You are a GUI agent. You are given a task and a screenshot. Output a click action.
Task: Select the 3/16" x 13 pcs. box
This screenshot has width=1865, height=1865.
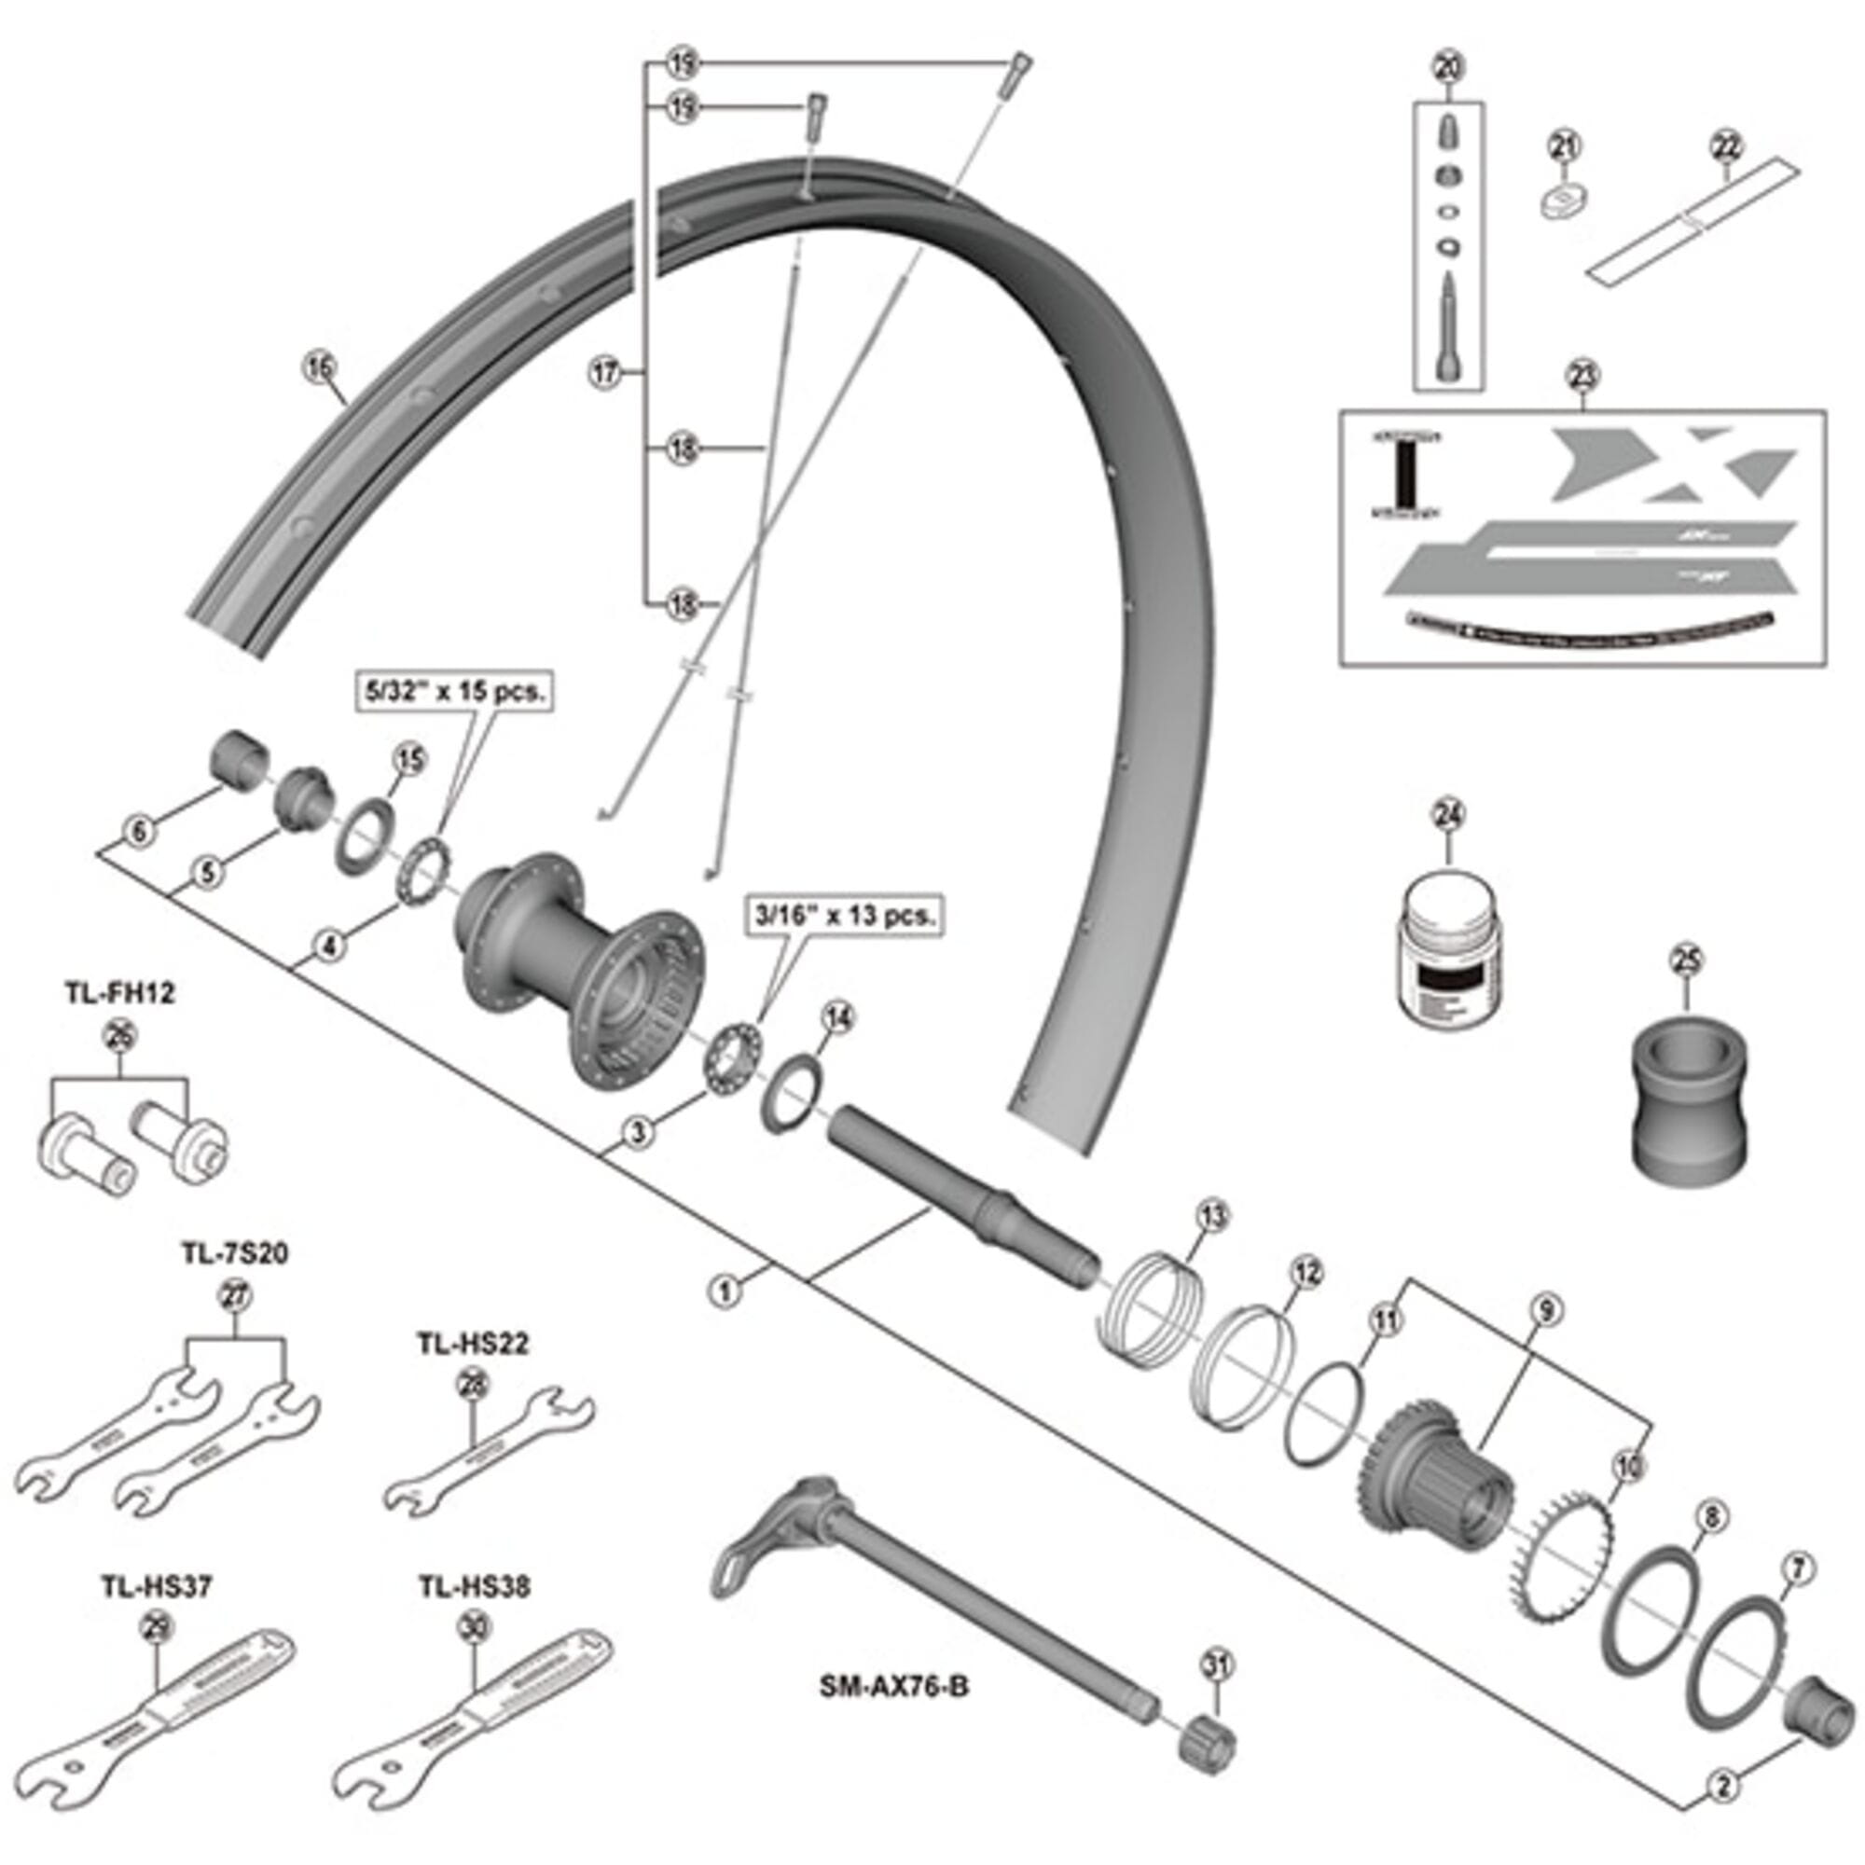pos(845,914)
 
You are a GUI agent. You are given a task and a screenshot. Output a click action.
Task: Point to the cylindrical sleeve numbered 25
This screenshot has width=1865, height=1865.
pos(1690,1097)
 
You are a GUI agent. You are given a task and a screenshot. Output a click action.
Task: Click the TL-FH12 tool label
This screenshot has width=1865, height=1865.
pos(120,992)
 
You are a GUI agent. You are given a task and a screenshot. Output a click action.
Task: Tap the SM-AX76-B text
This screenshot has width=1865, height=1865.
pos(894,1685)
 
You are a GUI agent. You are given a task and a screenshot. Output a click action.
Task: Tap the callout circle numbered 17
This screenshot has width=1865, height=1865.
pos(605,373)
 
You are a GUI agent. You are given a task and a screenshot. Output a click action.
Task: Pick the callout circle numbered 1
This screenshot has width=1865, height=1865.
pos(725,1290)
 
